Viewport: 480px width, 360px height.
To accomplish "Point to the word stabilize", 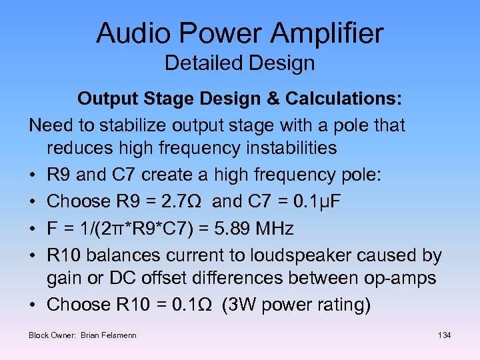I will click(x=117, y=125).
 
